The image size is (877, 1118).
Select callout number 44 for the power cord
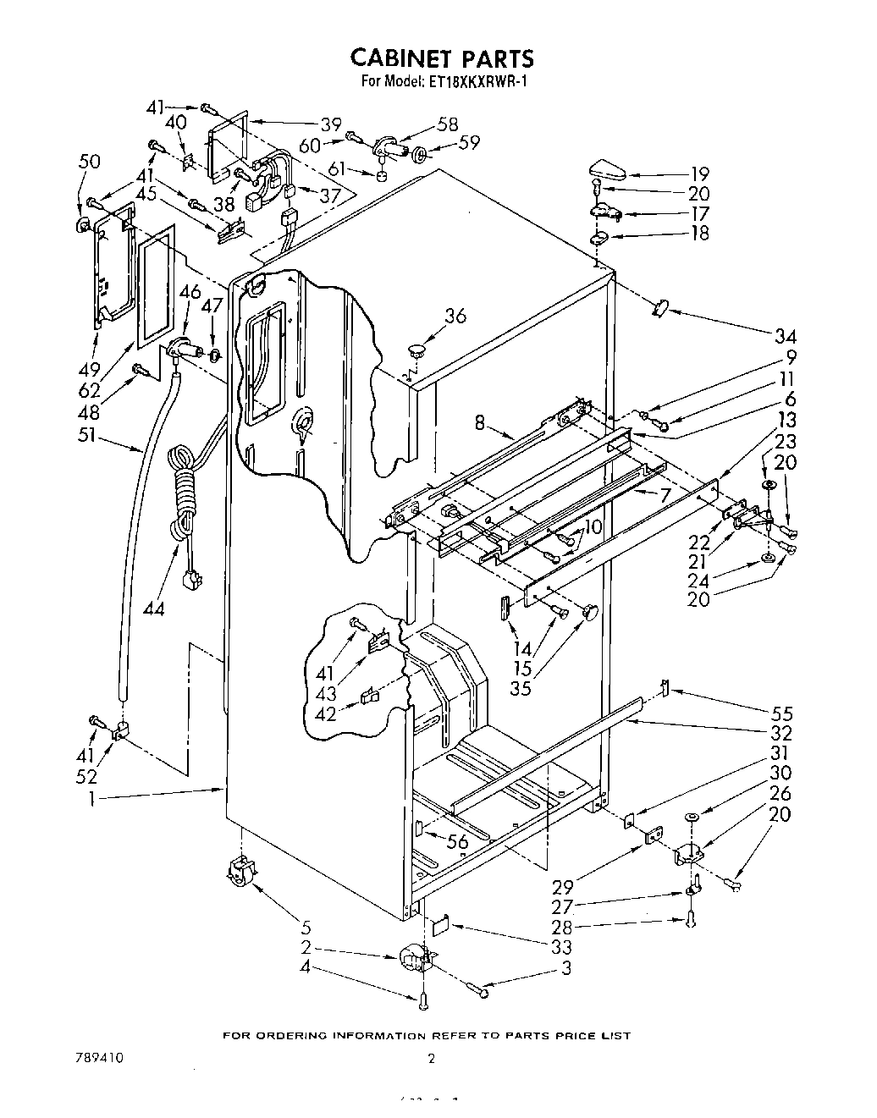(154, 607)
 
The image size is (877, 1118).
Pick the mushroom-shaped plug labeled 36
(415, 348)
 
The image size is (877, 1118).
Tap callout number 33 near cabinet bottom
(560, 947)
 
